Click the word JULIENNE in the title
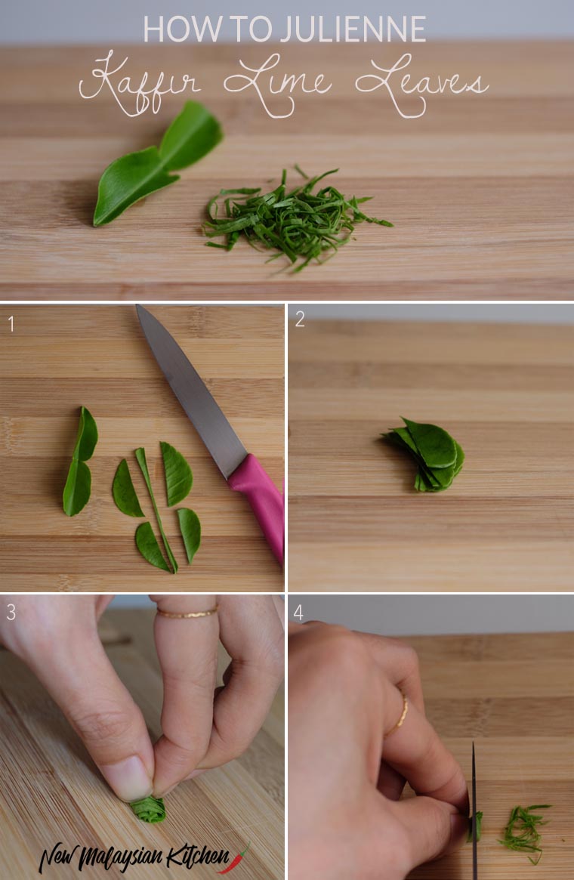(353, 29)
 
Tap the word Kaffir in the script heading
(140, 83)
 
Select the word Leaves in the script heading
(422, 84)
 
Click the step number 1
(10, 324)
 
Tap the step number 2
(300, 320)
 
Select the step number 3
(11, 613)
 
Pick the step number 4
(298, 613)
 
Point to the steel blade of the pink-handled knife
(191, 390)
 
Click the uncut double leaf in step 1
(79, 462)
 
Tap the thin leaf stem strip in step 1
(156, 510)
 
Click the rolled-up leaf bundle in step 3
(149, 809)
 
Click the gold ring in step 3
(187, 613)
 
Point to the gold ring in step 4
(399, 716)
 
